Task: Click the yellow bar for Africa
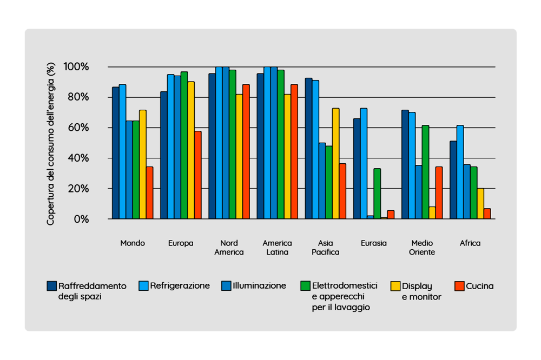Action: coord(480,204)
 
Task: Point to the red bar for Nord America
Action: coord(246,152)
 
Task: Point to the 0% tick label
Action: coord(81,219)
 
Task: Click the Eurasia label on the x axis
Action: coord(374,243)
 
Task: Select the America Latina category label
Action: coord(277,248)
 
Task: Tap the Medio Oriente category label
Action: coord(422,248)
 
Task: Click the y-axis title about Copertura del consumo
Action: coord(51,143)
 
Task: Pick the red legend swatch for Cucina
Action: coord(459,286)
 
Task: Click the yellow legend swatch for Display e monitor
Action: coord(395,286)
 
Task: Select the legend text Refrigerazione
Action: coord(180,286)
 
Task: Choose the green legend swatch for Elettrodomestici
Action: coord(306,286)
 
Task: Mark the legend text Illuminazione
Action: coord(259,286)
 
